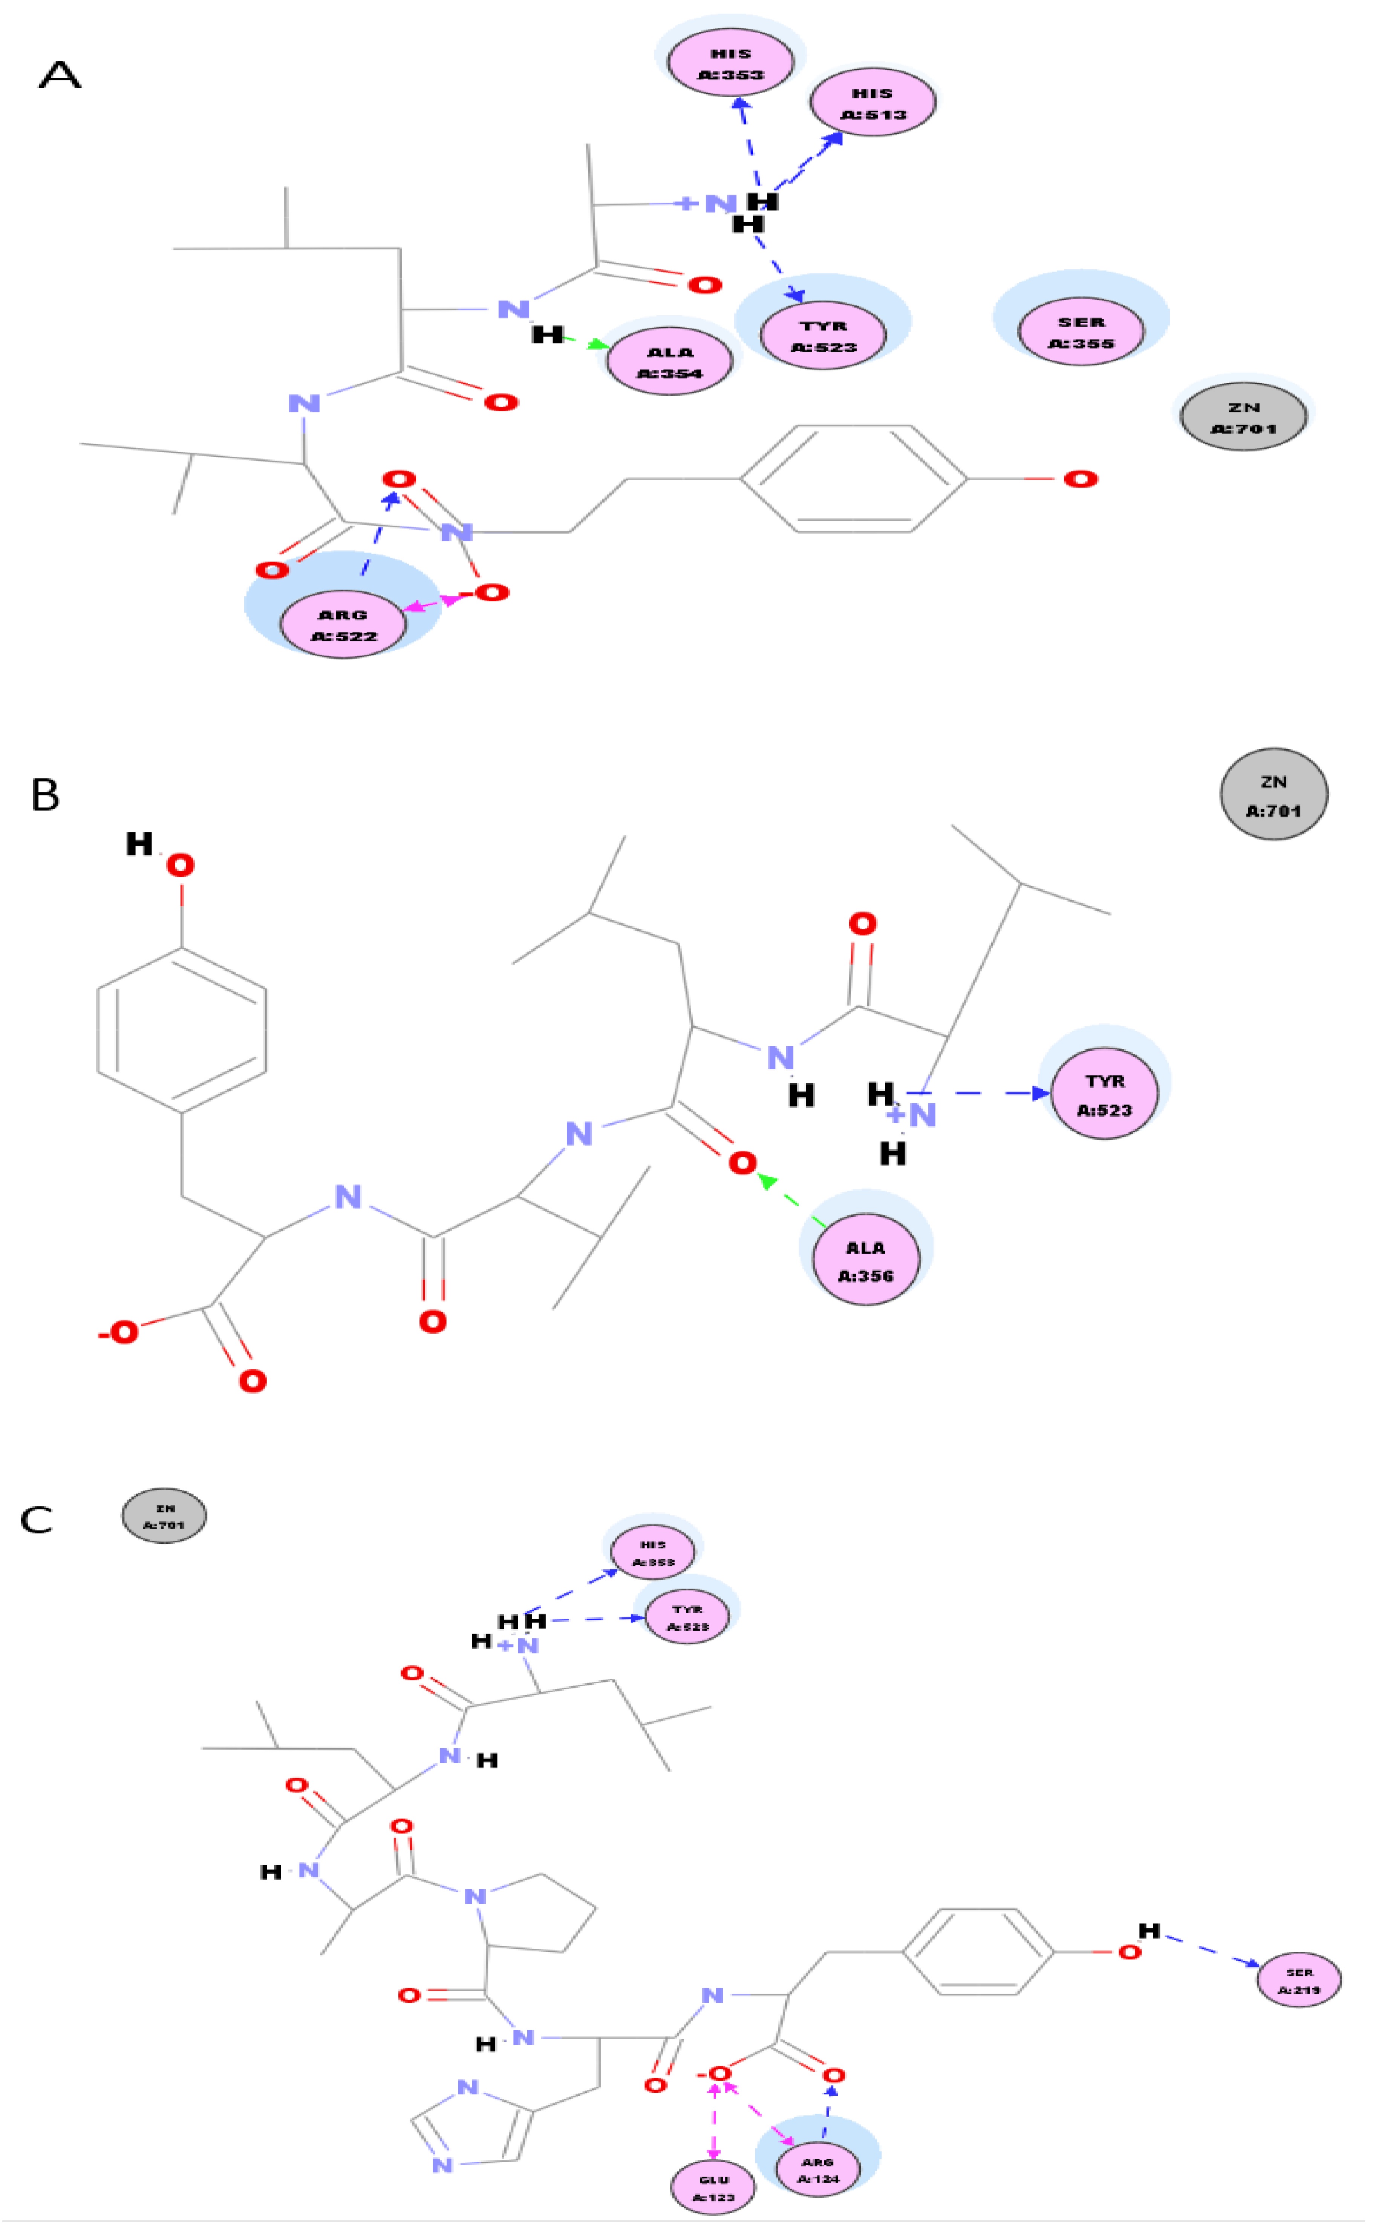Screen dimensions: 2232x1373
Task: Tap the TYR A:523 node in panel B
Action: coord(1104,1095)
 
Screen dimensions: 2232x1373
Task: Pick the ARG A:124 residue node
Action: coord(817,2169)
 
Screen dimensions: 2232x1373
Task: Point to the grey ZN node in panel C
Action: coord(164,1516)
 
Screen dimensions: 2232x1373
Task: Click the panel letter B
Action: coord(45,795)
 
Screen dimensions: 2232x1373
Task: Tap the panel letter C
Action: coord(36,1520)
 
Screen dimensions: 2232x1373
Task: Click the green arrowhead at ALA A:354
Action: coord(599,345)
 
